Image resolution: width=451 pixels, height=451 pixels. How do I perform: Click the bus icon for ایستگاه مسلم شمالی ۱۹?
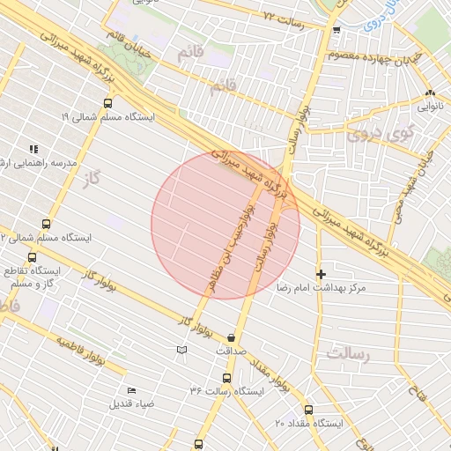(107, 104)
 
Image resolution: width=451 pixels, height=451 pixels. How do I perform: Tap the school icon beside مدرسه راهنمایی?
(34, 150)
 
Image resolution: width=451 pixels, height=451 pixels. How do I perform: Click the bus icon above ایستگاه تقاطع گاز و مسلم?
(33, 258)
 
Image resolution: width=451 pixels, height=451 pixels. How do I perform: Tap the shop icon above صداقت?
(231, 337)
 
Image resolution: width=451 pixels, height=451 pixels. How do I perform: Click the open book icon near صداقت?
(182, 351)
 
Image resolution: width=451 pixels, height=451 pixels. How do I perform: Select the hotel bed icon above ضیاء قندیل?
(132, 390)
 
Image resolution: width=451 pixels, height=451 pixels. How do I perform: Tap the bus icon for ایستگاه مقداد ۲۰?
(308, 410)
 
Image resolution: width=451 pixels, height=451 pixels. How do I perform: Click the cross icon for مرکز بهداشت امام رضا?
(321, 275)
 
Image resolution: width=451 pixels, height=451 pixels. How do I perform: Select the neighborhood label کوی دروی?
(379, 134)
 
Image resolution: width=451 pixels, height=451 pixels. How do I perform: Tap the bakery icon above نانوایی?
(430, 92)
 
